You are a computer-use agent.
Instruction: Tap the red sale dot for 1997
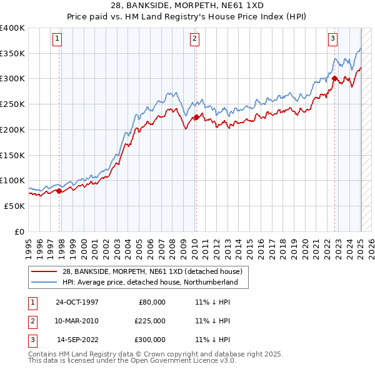59,191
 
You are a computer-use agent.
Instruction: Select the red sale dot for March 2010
196,117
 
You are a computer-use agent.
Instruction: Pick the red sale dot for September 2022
334,79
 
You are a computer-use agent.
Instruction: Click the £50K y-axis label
14,206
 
